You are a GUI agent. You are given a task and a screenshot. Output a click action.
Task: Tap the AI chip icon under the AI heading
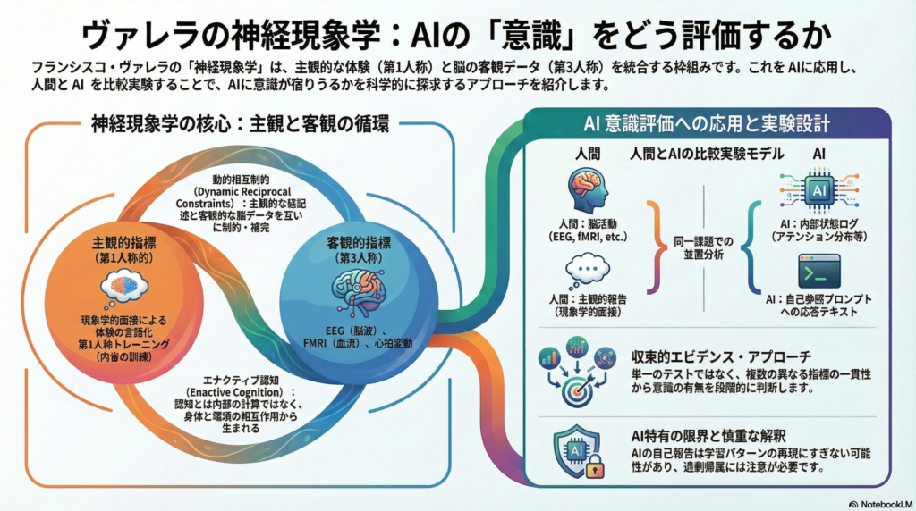click(x=818, y=191)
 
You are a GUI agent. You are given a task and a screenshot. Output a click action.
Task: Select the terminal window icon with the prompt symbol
click(x=818, y=270)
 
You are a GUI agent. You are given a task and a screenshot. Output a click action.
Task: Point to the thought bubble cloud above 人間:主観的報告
click(x=588, y=269)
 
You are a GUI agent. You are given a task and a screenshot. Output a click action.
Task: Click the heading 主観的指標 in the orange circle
click(x=124, y=243)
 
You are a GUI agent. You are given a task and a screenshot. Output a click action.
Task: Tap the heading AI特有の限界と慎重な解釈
click(x=706, y=435)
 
